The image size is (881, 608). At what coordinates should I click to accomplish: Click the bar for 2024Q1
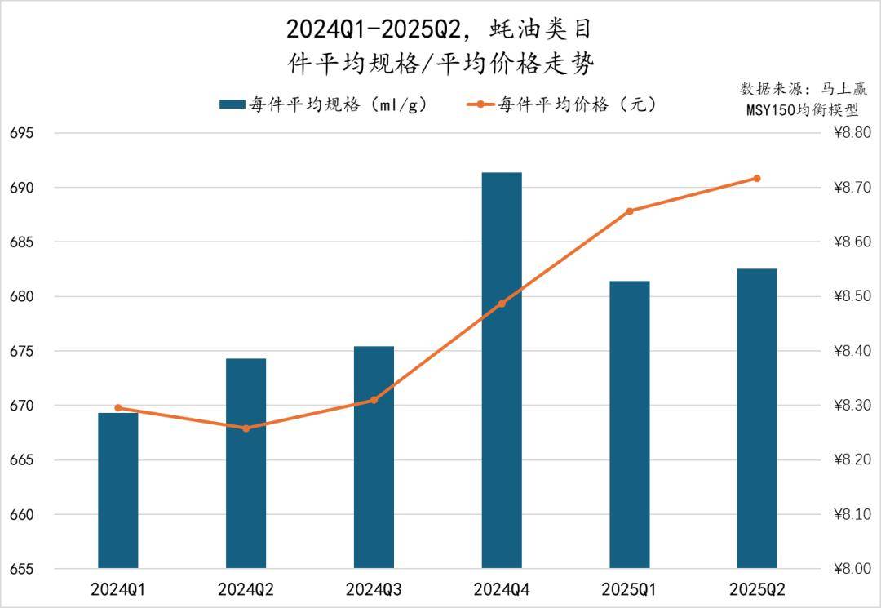118,490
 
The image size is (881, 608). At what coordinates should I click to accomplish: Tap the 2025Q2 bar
757,418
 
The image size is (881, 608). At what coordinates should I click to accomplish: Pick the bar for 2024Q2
246,463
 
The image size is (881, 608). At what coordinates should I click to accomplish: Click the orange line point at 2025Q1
630,211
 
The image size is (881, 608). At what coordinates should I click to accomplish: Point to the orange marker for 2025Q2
757,178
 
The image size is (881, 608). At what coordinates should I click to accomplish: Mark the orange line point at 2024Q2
246,428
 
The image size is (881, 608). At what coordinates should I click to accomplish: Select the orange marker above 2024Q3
374,400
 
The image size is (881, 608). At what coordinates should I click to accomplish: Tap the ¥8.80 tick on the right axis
852,133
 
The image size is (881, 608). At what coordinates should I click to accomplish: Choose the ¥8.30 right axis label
852,406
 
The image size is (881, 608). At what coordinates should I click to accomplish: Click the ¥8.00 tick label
852,569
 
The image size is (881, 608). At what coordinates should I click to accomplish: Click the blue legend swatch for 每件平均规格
232,105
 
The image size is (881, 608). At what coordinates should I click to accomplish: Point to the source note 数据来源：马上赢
803,89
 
